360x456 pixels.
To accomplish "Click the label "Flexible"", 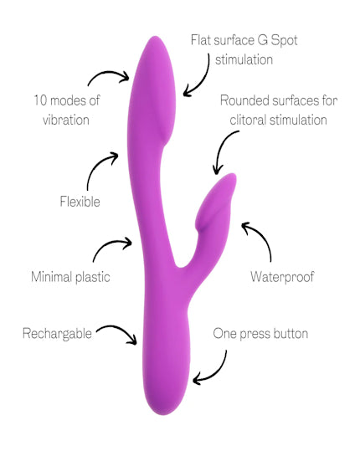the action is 80,202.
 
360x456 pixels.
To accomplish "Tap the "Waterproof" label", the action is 282,277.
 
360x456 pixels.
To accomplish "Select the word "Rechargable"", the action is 57,334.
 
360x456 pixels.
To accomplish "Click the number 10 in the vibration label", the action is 40,100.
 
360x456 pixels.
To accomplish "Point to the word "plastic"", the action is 92,277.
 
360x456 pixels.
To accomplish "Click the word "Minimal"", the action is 51,277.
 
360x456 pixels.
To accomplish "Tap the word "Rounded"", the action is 244,100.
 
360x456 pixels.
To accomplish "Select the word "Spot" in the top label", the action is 284,40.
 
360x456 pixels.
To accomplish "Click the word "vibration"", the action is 66,120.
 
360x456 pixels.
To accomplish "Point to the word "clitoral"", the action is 248,120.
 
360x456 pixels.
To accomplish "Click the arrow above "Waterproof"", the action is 262,237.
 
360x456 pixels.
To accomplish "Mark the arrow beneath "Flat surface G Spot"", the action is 203,79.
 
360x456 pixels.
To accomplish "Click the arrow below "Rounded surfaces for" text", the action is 220,147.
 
